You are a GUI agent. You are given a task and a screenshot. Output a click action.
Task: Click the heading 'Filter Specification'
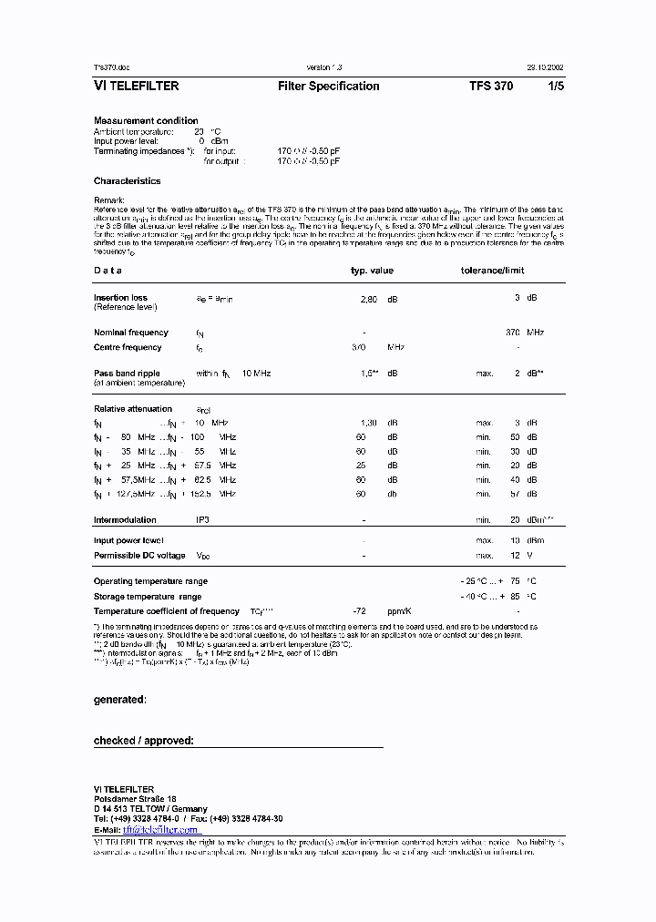pos(328,87)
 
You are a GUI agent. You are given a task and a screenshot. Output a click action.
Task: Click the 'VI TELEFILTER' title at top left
pos(136,87)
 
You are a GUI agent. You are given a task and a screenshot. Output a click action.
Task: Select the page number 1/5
pos(555,87)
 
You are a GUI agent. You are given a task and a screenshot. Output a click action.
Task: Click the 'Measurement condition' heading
pos(146,120)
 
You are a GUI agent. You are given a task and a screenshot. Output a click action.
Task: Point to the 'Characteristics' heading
pos(127,181)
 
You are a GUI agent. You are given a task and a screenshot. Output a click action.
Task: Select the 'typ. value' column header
pos(372,271)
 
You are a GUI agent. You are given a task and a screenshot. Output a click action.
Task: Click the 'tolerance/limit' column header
pos(492,271)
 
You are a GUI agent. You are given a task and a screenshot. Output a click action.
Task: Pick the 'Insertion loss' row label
pos(120,298)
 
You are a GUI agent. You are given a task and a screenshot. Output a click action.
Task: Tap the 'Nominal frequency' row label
pos(131,333)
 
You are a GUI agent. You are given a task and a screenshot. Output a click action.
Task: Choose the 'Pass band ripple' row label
pos(128,373)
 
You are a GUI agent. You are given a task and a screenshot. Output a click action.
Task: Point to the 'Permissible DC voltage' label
pos(139,555)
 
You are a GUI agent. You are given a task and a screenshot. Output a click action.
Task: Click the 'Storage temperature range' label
pos(147,597)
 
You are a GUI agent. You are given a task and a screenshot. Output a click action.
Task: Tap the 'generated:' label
pos(119,700)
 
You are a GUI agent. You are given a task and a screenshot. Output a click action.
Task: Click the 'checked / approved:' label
pos(143,741)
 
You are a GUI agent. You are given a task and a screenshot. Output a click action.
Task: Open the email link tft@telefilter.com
pos(160,830)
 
